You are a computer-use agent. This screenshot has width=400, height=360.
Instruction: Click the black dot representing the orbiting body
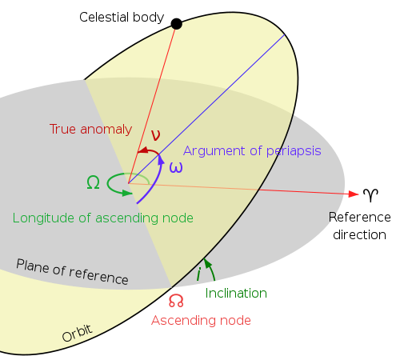pos(177,25)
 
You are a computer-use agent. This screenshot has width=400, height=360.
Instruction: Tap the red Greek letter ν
pos(155,135)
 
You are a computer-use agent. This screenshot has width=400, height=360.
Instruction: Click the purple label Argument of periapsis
pos(252,150)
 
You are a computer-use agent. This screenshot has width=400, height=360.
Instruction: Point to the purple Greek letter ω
pos(176,167)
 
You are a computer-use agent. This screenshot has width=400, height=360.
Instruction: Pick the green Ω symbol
pos(93,182)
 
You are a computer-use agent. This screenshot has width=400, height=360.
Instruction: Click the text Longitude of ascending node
pos(102,218)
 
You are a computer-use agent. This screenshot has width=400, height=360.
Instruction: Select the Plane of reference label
pos(72,272)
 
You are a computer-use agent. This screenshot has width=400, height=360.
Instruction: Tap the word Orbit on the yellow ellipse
pos(77,333)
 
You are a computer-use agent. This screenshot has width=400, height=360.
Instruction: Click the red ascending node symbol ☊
pos(176,301)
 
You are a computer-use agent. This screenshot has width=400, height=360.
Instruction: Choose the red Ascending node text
pos(201,320)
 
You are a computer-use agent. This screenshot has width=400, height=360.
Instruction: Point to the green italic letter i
pos(198,274)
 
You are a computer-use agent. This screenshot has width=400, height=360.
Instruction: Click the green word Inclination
pos(236,293)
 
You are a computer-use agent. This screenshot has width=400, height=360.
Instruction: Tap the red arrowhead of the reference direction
pos(353,194)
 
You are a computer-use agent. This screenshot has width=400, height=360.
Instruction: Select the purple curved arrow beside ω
pos(152,186)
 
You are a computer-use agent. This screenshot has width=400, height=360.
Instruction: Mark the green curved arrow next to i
pos(211,269)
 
